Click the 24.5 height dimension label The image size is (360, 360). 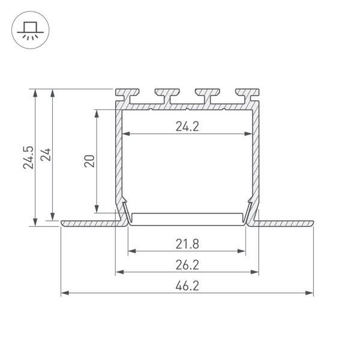(28, 157)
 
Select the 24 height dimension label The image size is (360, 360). (46, 155)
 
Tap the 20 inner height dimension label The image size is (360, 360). (89, 161)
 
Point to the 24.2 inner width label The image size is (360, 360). (187, 126)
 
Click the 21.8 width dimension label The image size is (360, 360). (187, 244)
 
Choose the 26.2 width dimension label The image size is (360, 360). (187, 265)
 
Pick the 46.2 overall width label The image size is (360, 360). (187, 286)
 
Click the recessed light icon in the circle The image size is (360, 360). (31, 30)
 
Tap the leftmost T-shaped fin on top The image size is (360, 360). (127, 96)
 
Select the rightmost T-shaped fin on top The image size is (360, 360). (248, 96)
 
